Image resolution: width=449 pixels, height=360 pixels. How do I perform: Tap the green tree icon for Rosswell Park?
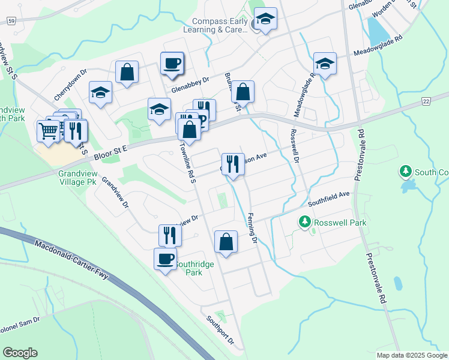pyautogui.click(x=305, y=223)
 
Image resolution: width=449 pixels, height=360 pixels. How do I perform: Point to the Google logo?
pyautogui.click(x=20, y=353)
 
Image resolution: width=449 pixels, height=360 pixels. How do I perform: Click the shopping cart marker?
pyautogui.click(x=49, y=130)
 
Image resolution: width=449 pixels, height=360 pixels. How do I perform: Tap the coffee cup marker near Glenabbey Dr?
pyautogui.click(x=172, y=63)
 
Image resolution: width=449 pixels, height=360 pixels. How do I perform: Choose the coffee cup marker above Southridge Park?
pyautogui.click(x=165, y=259)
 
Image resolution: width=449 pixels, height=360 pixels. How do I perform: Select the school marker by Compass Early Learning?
pyautogui.click(x=265, y=20)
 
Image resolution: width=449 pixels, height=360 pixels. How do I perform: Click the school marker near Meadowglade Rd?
pyautogui.click(x=325, y=64)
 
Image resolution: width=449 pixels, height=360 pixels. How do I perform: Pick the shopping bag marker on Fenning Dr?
pyautogui.click(x=226, y=242)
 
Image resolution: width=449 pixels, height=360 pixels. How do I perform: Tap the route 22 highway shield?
pyautogui.click(x=426, y=101)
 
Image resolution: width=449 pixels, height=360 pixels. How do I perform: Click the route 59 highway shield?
pyautogui.click(x=11, y=20)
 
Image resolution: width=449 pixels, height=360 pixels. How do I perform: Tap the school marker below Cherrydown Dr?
pyautogui.click(x=101, y=92)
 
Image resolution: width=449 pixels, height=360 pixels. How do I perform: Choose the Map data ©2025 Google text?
pyautogui.click(x=411, y=355)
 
